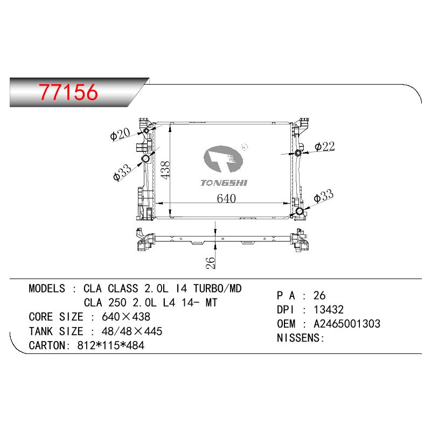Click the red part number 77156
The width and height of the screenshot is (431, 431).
[x=68, y=92]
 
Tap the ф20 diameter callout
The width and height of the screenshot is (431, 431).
[x=120, y=134]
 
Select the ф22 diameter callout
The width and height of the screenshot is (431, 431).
[x=325, y=147]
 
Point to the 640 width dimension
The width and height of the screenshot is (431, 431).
[x=226, y=198]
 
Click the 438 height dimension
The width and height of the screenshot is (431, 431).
[x=165, y=170]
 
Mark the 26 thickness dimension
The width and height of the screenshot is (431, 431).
[x=210, y=263]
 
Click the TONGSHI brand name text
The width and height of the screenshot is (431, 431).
[x=224, y=183]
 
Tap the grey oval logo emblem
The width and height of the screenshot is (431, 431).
[x=223, y=159]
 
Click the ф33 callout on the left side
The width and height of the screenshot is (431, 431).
[x=122, y=172]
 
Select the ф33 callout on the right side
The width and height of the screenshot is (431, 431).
[x=324, y=196]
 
